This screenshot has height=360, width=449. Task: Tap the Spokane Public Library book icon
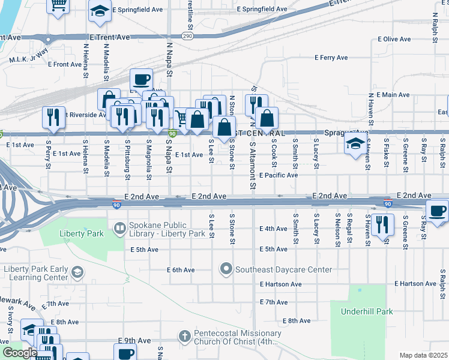[120, 228]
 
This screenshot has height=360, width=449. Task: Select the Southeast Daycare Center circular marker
[226, 269]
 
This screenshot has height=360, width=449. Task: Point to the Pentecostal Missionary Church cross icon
[185, 337]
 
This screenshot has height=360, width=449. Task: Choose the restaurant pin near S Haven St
[382, 225]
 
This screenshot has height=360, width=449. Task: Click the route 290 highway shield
[188, 36]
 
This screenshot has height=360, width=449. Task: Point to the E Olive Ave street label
[394, 39]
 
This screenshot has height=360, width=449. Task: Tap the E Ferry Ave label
[331, 58]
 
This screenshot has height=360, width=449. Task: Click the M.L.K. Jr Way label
[28, 60]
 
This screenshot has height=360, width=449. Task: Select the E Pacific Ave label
[279, 175]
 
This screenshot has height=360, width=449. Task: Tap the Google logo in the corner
[20, 352]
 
